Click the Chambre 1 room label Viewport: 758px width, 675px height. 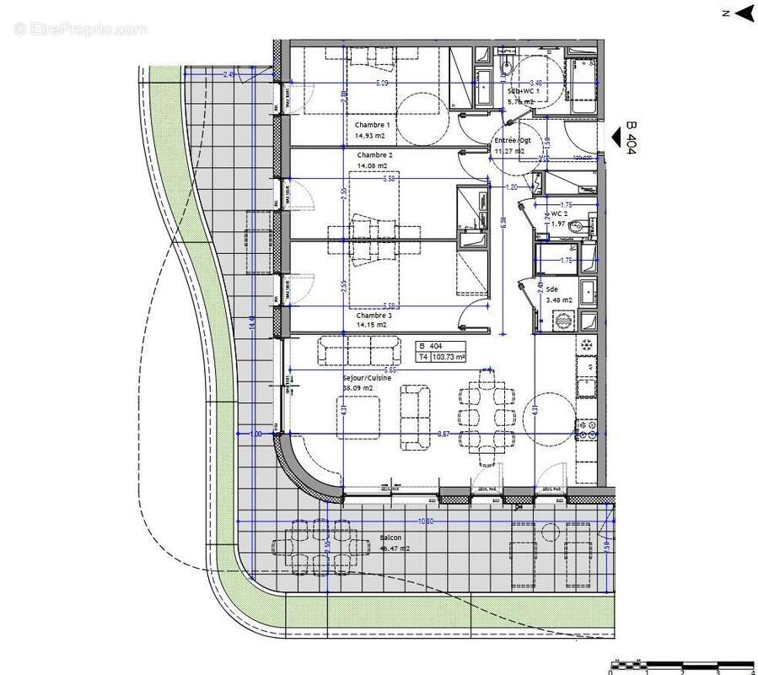[x=373, y=125]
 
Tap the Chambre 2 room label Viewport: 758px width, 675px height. [x=374, y=155]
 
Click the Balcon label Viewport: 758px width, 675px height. [x=390, y=537]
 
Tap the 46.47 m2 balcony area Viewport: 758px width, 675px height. [x=395, y=548]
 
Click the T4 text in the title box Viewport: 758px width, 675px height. [x=423, y=357]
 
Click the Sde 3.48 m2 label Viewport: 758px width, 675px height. [x=558, y=294]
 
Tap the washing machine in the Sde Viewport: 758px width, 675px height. [x=562, y=321]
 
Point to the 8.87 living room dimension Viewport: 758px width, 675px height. [x=444, y=433]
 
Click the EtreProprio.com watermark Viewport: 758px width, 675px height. [x=81, y=29]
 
